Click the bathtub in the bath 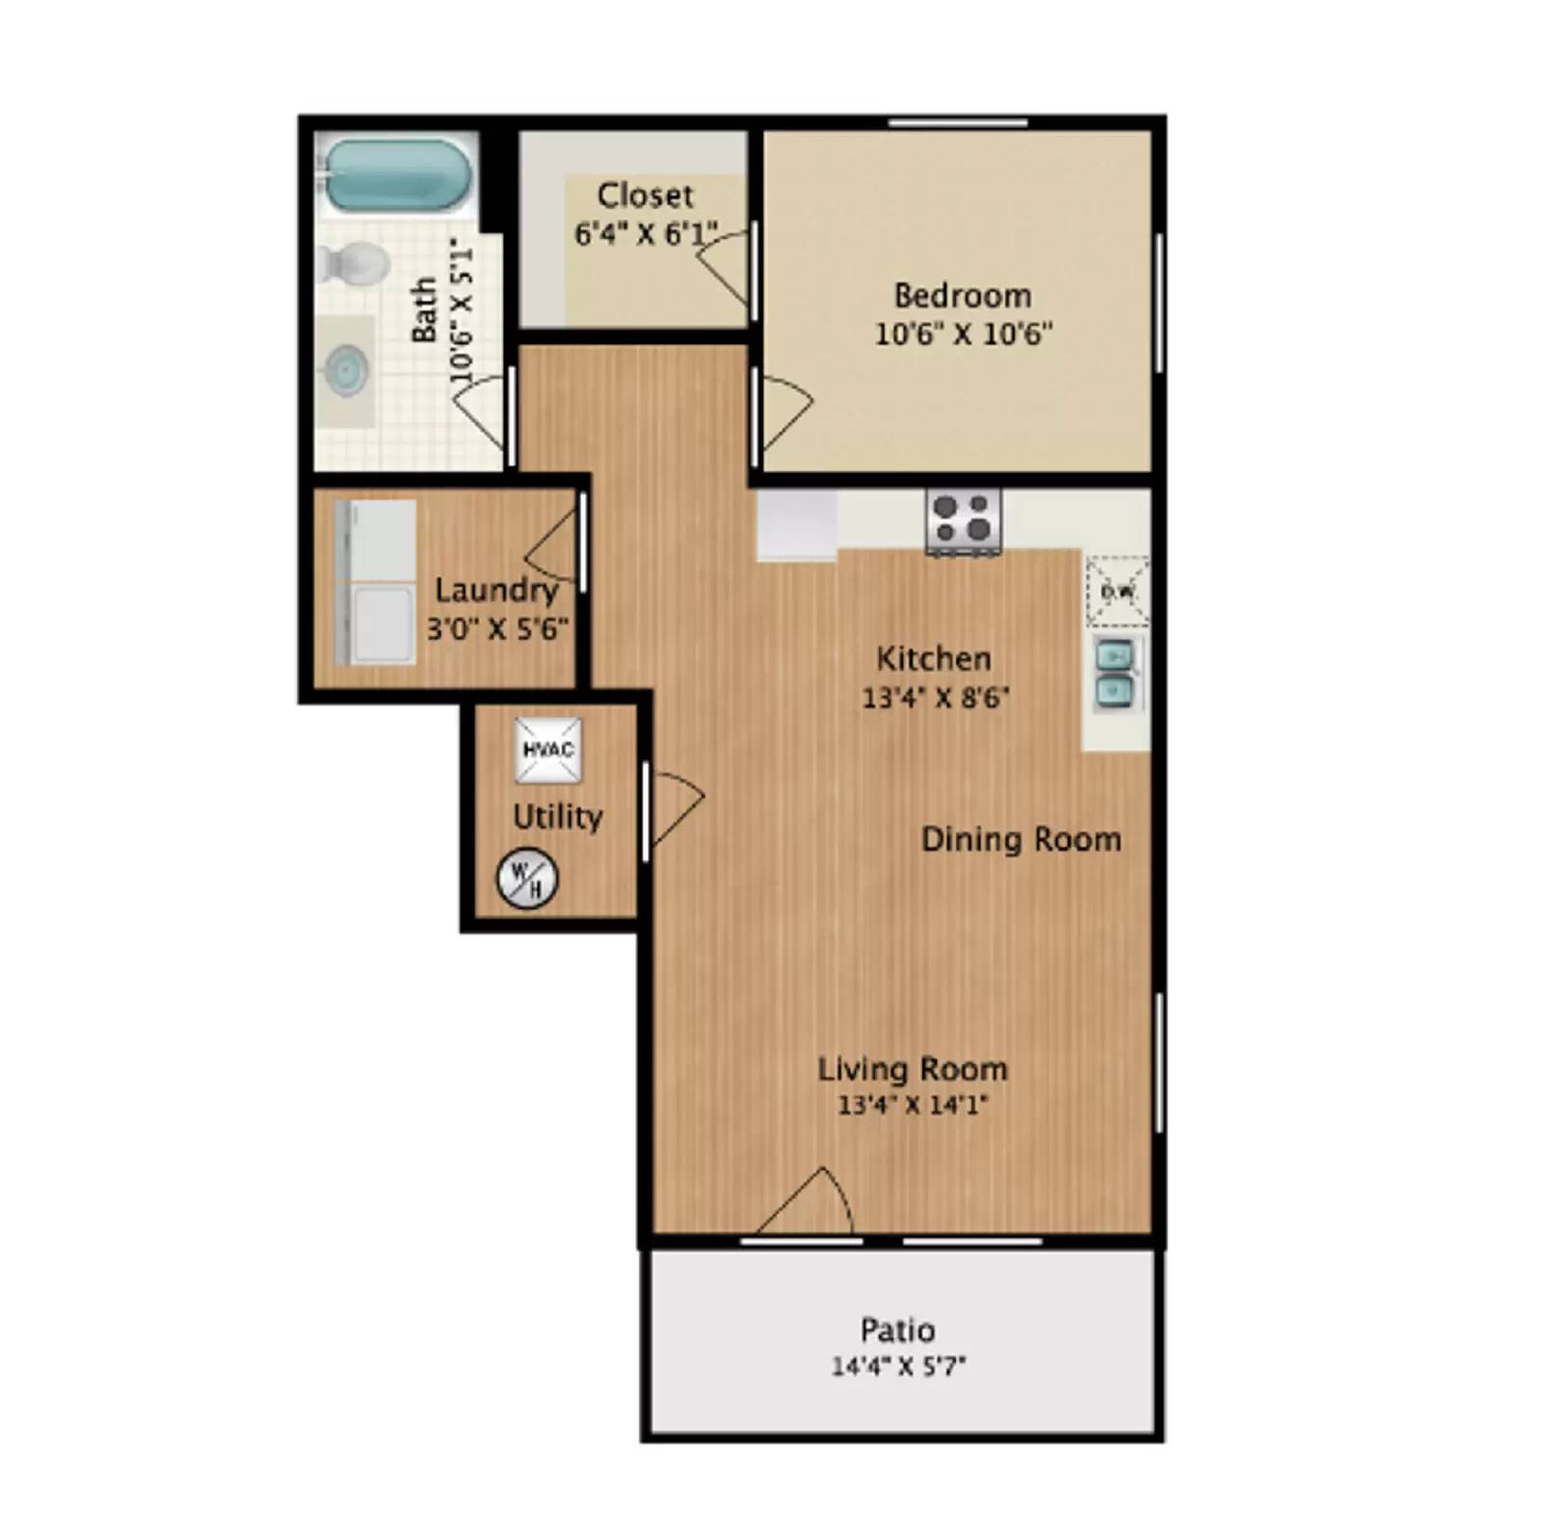point(397,175)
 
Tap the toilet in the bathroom point(353,262)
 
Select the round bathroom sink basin point(345,370)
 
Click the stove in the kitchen point(963,519)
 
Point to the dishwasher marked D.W point(1117,591)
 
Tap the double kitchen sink point(1116,673)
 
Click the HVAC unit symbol point(547,750)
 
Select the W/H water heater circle point(526,877)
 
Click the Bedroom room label point(962,295)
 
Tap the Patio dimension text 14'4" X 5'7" point(898,1366)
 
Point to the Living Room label point(912,1069)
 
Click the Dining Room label point(1021,839)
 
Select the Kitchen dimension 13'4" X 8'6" point(935,697)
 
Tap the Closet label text point(645,196)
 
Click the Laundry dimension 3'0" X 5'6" point(497,629)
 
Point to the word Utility point(557,817)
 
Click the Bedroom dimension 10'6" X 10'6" point(963,333)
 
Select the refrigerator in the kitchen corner point(796,523)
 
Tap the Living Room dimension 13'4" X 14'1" point(912,1104)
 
